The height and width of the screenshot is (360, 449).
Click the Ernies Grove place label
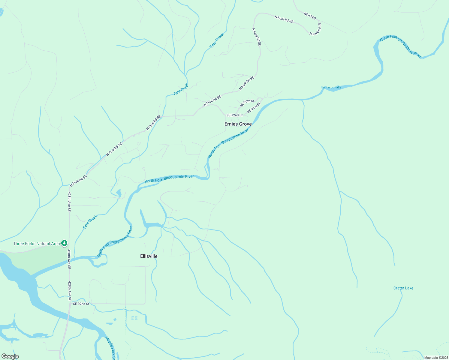click(x=238, y=124)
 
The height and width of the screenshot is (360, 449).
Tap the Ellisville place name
click(x=149, y=256)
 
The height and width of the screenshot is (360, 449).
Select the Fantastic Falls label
click(x=331, y=88)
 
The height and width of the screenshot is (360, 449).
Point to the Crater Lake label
click(x=403, y=288)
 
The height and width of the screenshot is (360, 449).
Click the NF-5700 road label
click(x=310, y=16)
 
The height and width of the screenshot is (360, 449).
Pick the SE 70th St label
click(x=247, y=103)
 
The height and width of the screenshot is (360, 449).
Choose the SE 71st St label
click(x=254, y=107)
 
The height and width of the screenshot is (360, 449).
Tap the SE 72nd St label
click(x=234, y=115)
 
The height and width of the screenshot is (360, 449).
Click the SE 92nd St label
click(x=81, y=304)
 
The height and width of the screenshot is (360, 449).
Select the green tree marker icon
click(x=64, y=243)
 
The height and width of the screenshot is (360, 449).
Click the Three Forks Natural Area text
click(x=36, y=244)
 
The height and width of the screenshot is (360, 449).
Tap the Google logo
click(x=10, y=356)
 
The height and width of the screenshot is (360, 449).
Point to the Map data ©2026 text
click(x=436, y=358)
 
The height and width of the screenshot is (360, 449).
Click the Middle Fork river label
click(x=110, y=348)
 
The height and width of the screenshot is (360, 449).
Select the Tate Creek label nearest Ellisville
click(x=90, y=222)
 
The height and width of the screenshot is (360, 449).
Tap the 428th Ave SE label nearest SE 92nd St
click(x=69, y=291)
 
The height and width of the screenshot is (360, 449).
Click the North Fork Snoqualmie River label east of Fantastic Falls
click(x=400, y=46)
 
